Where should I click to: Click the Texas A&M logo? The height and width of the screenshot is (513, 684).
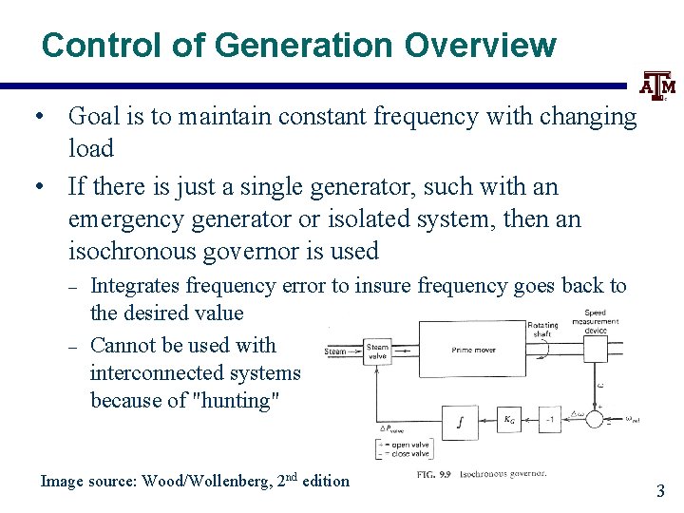click(657, 87)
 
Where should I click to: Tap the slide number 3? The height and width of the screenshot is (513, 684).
click(660, 490)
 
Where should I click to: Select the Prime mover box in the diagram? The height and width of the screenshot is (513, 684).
click(473, 350)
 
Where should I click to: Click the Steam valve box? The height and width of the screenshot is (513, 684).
click(378, 351)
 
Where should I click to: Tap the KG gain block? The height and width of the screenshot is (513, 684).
click(510, 419)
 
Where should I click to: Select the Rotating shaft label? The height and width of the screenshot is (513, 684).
click(542, 330)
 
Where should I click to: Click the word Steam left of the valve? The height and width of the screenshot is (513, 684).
click(335, 351)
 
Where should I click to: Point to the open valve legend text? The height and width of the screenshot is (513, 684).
click(409, 444)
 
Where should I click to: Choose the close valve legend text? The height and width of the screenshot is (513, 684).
click(409, 454)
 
